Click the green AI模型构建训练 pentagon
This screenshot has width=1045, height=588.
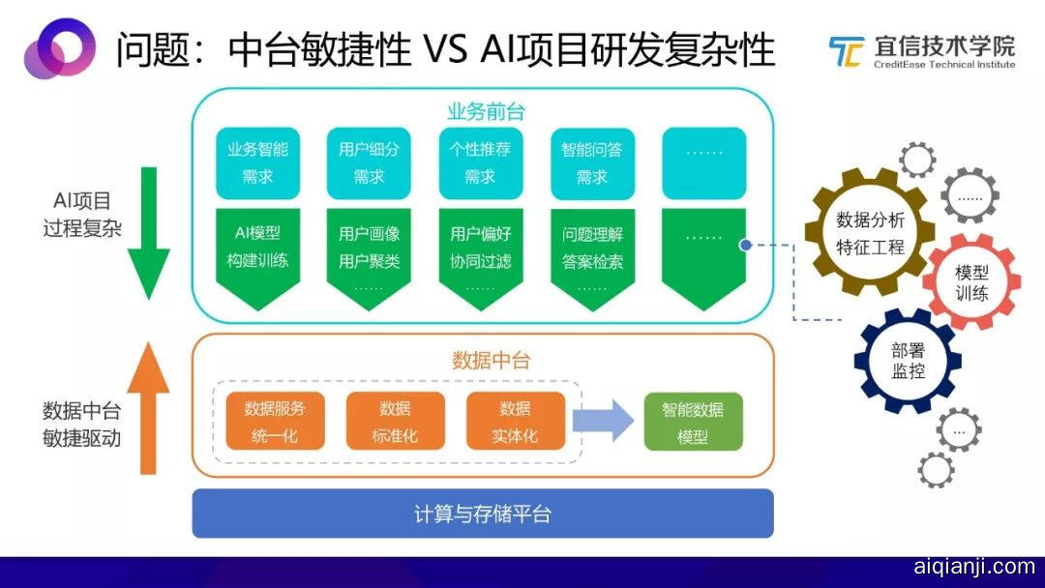(257, 251)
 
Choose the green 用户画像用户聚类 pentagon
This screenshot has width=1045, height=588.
(369, 251)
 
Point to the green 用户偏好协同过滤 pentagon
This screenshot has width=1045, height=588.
(481, 251)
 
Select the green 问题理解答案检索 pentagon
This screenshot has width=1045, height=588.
(592, 251)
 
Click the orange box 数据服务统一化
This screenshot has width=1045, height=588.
(275, 422)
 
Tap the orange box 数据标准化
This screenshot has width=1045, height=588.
(395, 422)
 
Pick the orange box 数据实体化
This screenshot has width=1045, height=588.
(515, 422)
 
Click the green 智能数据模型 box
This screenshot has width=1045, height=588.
(693, 422)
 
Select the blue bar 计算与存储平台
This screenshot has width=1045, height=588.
(483, 514)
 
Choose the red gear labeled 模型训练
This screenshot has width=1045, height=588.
(971, 281)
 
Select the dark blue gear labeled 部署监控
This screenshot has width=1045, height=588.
(908, 361)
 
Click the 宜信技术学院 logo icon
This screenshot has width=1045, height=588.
(846, 52)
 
